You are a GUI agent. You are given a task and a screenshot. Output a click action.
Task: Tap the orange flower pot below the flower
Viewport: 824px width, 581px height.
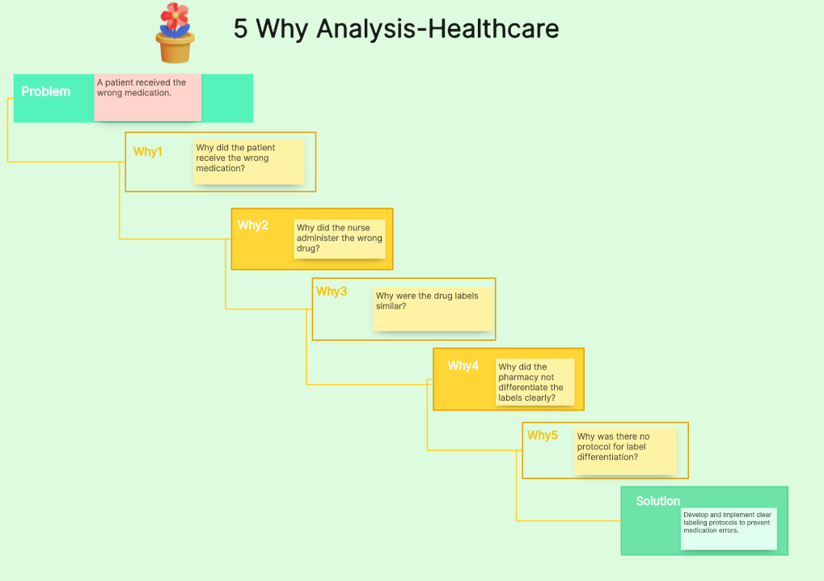coord(175,48)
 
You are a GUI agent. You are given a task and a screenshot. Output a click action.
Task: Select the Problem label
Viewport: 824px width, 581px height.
coord(46,91)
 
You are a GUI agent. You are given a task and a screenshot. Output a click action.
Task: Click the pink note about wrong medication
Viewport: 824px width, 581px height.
coord(147,98)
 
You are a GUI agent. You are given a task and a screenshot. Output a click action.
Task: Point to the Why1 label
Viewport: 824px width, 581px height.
coord(148,152)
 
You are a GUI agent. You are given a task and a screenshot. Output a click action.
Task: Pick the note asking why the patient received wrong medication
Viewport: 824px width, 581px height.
coord(249,162)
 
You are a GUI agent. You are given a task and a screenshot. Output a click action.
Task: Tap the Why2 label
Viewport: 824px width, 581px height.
coord(253,225)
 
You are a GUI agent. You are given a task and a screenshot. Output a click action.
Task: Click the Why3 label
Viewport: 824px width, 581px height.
coord(332,292)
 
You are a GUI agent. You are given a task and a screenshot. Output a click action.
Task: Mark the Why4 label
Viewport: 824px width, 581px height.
coord(463,366)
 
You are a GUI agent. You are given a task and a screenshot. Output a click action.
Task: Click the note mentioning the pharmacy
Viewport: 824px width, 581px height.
coord(535,382)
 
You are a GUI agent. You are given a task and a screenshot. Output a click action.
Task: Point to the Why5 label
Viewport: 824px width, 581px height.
coord(543,436)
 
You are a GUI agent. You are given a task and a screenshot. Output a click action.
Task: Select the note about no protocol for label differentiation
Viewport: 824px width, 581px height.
coord(625,451)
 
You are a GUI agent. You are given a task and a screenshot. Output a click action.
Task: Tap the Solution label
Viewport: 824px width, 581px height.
coord(658,501)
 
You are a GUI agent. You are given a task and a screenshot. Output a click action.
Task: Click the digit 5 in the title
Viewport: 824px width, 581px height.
coord(241,29)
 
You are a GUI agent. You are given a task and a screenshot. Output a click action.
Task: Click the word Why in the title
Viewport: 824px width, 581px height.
coord(283,29)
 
